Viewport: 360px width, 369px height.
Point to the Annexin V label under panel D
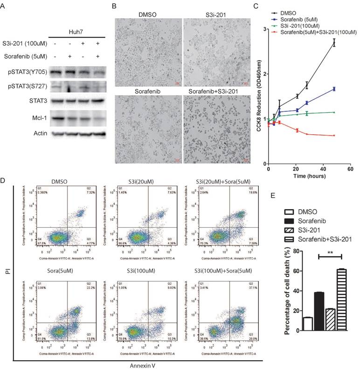[160, 364]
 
